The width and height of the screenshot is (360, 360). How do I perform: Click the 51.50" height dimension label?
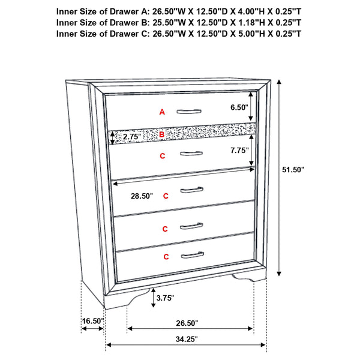click(x=293, y=170)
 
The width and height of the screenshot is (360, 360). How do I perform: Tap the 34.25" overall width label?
click(x=185, y=339)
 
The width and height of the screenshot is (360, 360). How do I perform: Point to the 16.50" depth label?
click(x=93, y=322)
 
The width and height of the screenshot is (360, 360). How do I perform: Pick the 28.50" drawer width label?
click(x=142, y=196)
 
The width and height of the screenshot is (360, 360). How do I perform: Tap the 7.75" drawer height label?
click(x=238, y=151)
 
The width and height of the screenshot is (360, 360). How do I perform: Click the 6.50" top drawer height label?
click(x=238, y=107)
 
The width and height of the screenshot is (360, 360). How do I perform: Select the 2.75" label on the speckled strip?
click(x=131, y=137)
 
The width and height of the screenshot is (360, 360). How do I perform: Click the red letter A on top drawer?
click(x=161, y=112)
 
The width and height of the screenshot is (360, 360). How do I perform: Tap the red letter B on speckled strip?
click(x=161, y=136)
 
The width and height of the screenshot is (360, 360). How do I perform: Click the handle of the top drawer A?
click(x=190, y=111)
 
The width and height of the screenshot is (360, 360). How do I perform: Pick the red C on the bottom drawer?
click(x=165, y=257)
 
